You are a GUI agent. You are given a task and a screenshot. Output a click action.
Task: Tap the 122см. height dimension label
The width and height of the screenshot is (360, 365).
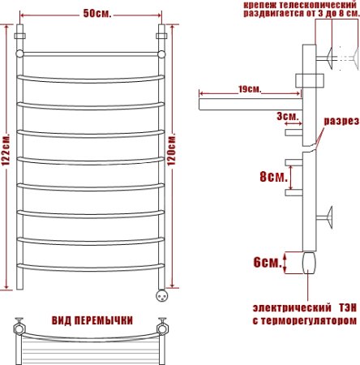[6, 156]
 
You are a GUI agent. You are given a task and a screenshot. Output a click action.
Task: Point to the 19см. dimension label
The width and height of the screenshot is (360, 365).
[250, 88]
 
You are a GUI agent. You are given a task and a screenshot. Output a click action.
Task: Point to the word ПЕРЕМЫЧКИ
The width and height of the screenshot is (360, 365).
[105, 319]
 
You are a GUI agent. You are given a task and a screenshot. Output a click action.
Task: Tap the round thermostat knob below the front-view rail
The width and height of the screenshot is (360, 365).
[161, 294]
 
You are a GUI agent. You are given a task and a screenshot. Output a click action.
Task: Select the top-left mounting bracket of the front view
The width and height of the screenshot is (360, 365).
[21, 37]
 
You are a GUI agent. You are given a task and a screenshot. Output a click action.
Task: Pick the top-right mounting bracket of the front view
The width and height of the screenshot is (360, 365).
[161, 37]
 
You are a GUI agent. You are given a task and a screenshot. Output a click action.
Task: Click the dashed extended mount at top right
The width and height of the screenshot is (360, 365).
[347, 58]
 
